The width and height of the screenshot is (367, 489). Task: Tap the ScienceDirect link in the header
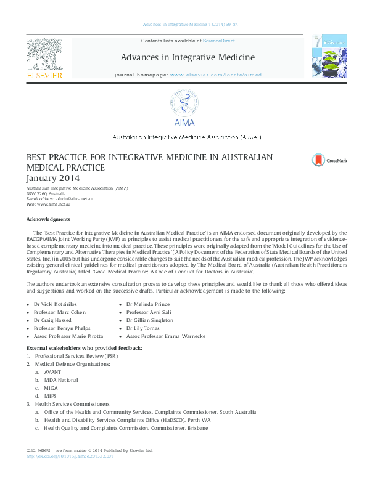click(x=219, y=41)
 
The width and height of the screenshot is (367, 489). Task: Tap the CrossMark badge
click(x=329, y=160)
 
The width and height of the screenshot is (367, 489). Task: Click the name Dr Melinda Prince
click(x=148, y=305)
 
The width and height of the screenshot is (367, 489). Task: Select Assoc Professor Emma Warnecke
click(x=166, y=337)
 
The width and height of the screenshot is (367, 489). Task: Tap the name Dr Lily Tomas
click(x=144, y=329)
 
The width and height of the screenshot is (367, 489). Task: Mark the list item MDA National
click(x=61, y=380)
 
